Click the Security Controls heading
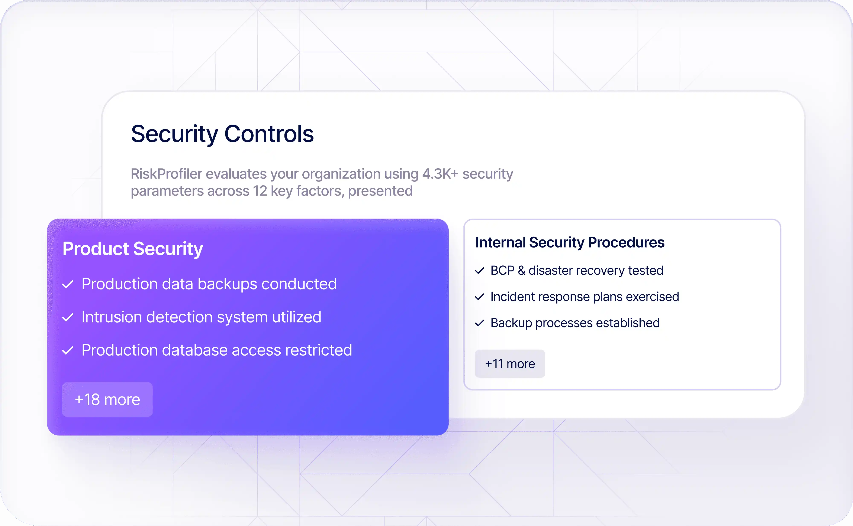(222, 134)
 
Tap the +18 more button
(107, 399)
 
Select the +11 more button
(510, 364)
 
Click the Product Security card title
(133, 249)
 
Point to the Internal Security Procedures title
(570, 242)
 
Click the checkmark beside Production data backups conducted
(68, 284)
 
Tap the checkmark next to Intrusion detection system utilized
(68, 317)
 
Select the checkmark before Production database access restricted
(68, 350)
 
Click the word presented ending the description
(380, 191)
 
